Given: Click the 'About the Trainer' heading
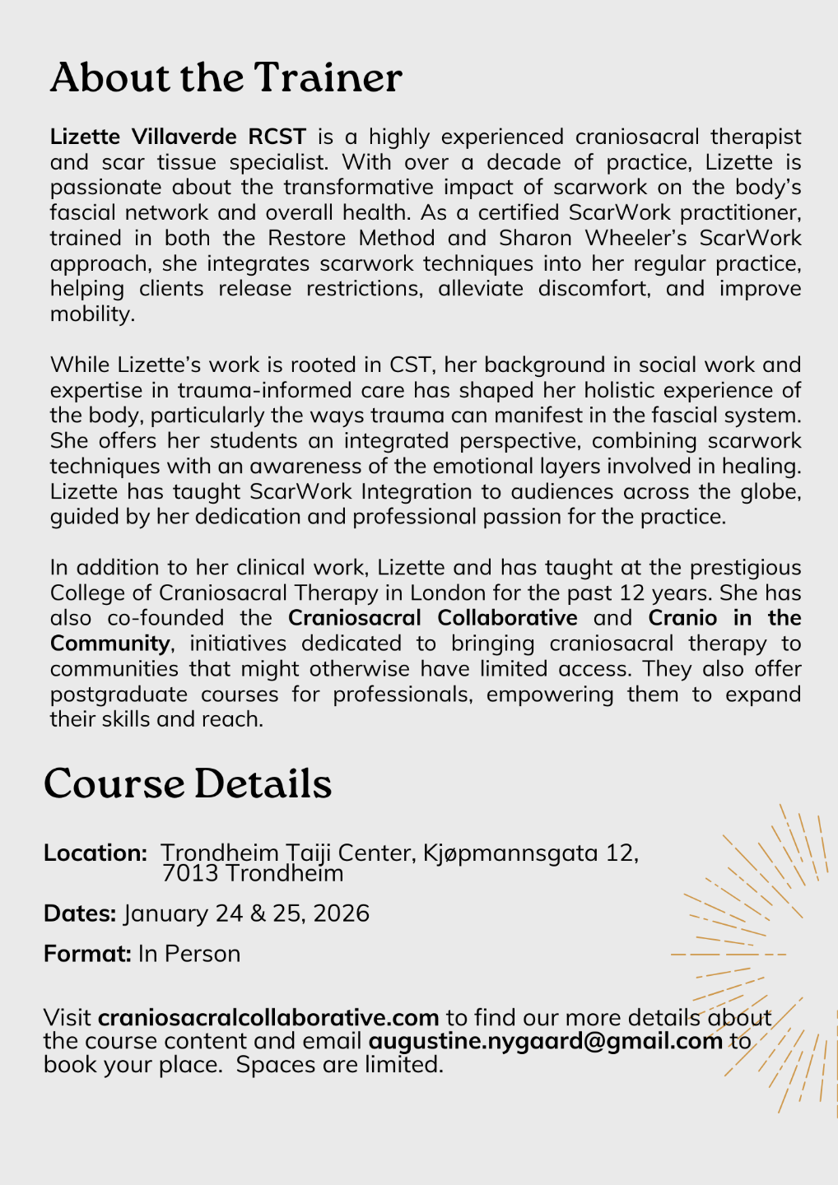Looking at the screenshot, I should pyautogui.click(x=226, y=78).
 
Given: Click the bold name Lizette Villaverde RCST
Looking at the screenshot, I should pyautogui.click(x=178, y=136).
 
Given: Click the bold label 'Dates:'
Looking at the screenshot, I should pyautogui.click(x=80, y=913).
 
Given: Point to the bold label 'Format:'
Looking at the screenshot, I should pyautogui.click(x=87, y=954).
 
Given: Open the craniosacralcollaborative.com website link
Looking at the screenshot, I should pyautogui.click(x=268, y=1018).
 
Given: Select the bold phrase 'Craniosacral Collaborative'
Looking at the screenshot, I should pyautogui.click(x=432, y=617).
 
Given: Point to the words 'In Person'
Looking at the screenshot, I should pyautogui.click(x=189, y=954).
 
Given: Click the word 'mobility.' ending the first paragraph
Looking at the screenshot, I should pyautogui.click(x=92, y=314).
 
